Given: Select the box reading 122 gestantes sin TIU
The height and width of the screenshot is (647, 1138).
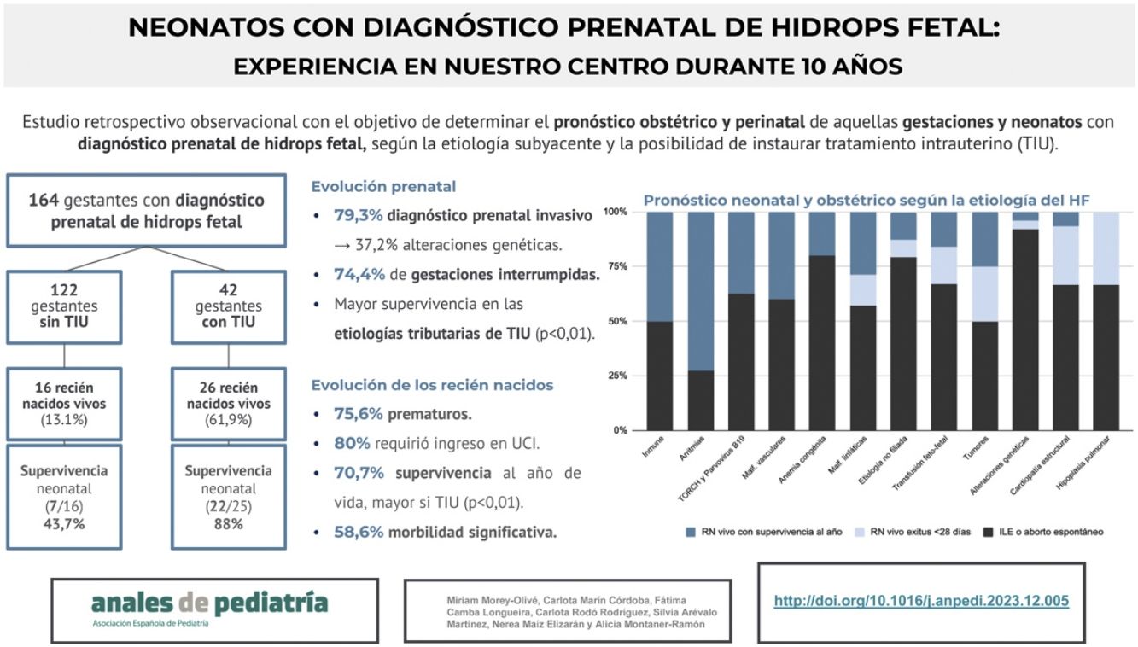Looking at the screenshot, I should (65, 306).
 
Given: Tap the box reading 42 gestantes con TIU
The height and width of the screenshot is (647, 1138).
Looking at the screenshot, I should (228, 306).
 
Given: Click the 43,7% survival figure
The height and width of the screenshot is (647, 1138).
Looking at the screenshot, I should (64, 524).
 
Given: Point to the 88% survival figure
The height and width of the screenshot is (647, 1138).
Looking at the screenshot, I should (229, 524).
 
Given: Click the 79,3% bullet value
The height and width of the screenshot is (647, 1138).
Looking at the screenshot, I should (357, 216).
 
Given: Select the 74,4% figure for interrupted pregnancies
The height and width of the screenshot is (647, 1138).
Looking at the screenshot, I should (357, 274).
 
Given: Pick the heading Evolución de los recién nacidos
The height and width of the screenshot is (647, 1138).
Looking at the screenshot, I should (432, 385).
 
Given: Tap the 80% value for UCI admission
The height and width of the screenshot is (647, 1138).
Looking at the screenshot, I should (352, 444).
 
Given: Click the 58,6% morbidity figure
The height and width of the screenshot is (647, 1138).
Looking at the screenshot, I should (357, 532).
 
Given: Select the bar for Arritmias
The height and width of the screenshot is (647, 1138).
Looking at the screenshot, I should (702, 321).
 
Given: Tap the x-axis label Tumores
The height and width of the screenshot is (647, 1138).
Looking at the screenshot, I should (976, 449).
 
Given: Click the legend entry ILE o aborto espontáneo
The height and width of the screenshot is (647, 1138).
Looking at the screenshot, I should (1043, 532).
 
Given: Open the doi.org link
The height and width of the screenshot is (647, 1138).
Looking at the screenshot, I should (921, 601).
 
